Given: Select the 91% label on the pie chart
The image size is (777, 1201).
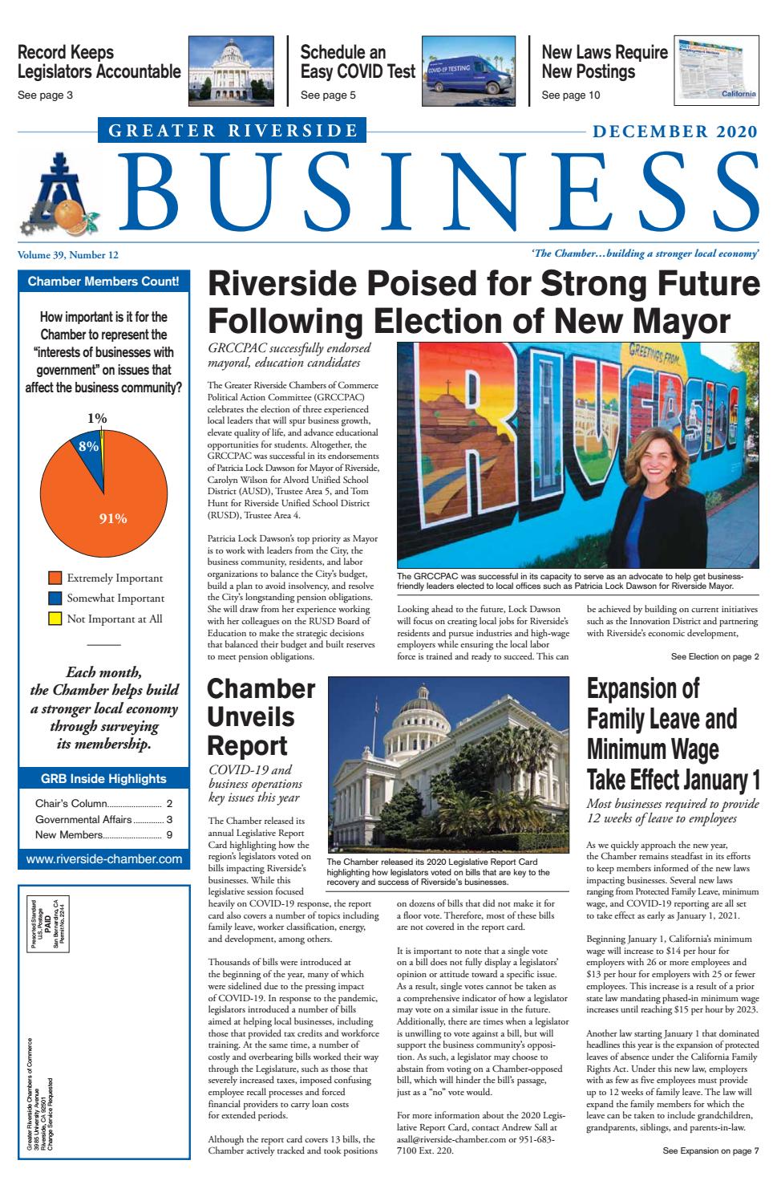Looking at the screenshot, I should pos(112,518).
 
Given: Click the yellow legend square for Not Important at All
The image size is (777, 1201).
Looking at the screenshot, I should pos(55,619).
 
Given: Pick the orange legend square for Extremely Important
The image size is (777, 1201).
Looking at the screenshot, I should pos(55,578).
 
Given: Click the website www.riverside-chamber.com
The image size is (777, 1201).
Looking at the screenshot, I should pos(104,859).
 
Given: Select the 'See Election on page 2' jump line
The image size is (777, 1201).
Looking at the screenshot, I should pos(714,657).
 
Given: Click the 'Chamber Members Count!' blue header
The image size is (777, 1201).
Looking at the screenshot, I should pos(104,281).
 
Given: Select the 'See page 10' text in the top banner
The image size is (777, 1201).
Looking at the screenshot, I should pos(570,95).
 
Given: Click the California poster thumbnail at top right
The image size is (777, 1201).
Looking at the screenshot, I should pos(716,71).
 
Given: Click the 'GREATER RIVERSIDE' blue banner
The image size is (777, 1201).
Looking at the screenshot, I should pos(233,130).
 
